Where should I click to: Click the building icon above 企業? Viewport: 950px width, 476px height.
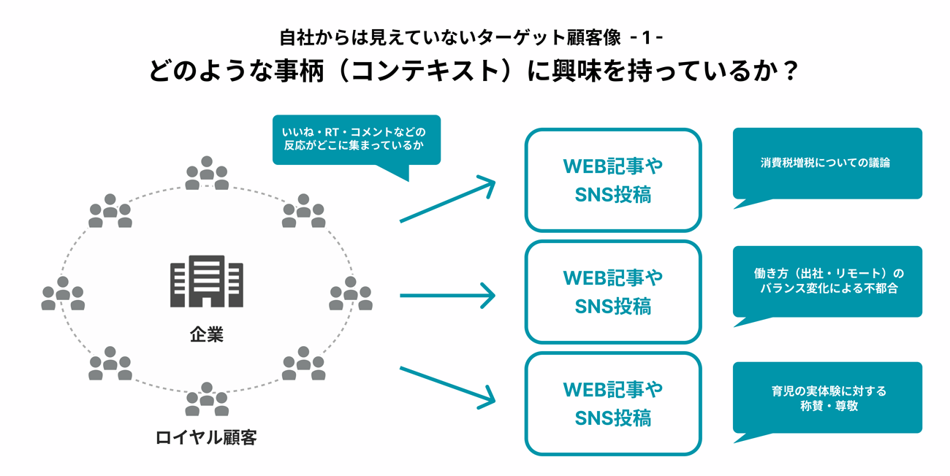coord(207,281)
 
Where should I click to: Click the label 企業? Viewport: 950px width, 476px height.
coord(207,335)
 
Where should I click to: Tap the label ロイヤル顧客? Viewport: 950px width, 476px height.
coord(207,438)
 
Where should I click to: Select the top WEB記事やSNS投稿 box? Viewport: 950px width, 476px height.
coord(612,180)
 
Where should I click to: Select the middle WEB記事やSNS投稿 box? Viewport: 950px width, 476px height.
coord(612,292)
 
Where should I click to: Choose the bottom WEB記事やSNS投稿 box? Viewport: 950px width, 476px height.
coord(612,404)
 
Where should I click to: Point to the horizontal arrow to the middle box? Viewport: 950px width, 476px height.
coord(447,296)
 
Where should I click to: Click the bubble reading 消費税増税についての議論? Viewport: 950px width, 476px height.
coord(826,163)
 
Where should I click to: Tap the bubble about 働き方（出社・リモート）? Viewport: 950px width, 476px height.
coord(826,281)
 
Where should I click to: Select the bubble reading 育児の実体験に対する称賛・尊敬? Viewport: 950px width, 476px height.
coord(826,398)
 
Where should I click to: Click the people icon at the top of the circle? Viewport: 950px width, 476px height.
coord(207,174)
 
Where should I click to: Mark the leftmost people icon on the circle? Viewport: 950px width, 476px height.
coord(63,293)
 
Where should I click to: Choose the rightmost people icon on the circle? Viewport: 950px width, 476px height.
coord(351,293)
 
